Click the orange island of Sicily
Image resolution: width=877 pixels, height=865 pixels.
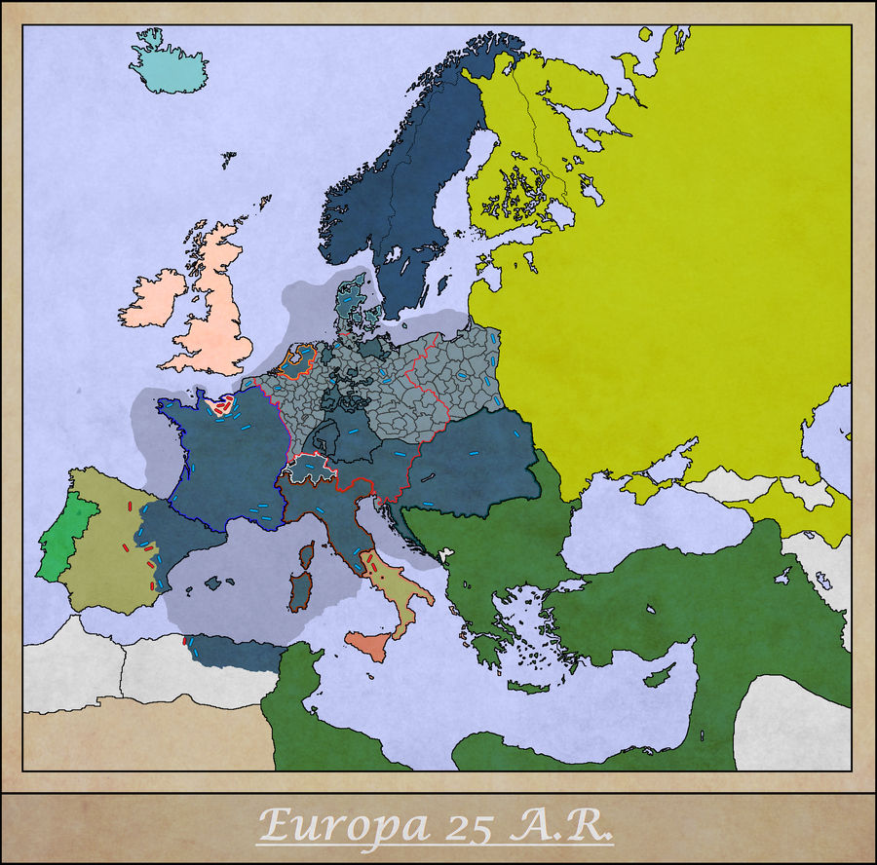(x=367, y=645)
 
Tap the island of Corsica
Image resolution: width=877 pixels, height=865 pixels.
(x=306, y=555)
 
